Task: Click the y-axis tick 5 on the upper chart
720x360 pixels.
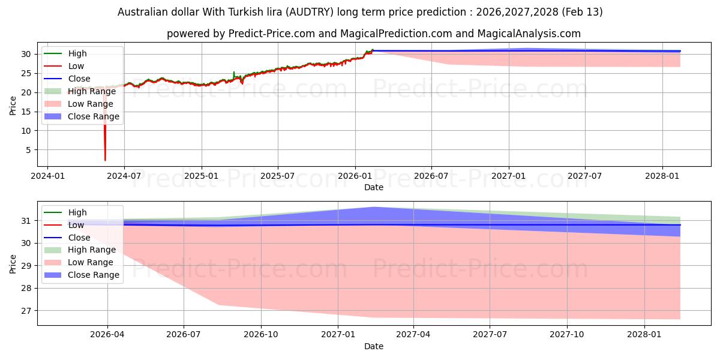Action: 26,150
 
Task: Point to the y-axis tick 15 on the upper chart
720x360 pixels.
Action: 24,112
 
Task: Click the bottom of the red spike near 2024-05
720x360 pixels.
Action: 105,160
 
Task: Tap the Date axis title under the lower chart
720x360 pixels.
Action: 373,346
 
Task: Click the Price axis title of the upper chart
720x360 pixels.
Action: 13,106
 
